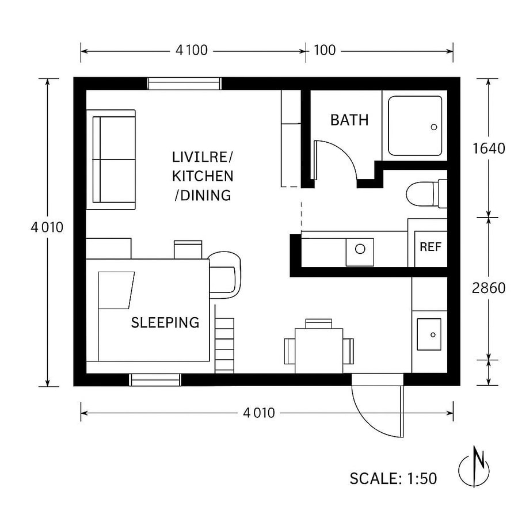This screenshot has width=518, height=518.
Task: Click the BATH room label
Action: coord(349,120)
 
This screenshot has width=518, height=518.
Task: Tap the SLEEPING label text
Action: coord(165,322)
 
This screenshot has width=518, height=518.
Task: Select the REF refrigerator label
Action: coord(430,247)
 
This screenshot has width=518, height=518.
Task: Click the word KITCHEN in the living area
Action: coord(203,176)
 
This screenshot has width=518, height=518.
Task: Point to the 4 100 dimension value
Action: coord(191,51)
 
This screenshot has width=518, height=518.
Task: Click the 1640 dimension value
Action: coord(488,148)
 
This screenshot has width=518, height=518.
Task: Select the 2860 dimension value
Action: coord(488,288)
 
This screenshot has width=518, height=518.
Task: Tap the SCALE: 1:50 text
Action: coord(393,478)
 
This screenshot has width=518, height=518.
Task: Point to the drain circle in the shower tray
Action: coord(435,127)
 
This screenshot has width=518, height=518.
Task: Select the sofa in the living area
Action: coord(114,159)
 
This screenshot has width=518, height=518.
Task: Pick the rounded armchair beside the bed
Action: coord(224,275)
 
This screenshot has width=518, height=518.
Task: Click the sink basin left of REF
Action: coord(360,250)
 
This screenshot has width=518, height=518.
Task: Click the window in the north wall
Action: coord(184,84)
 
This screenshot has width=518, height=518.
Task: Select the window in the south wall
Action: coord(155,380)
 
